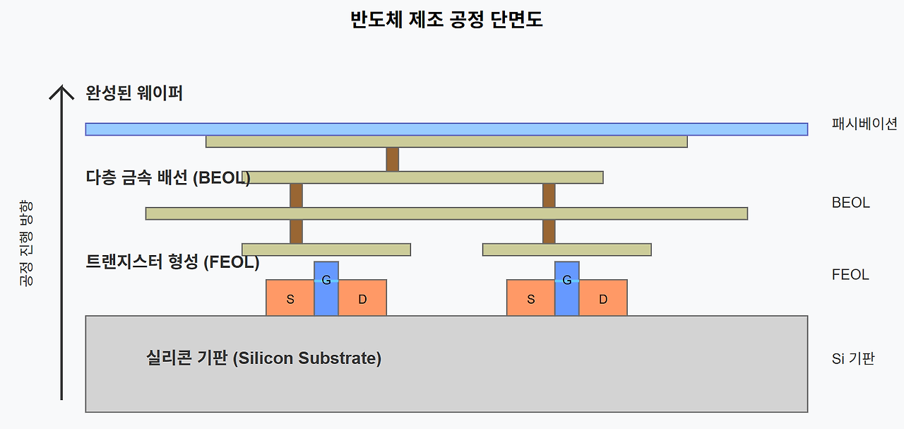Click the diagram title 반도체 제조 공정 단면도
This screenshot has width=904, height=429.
click(446, 20)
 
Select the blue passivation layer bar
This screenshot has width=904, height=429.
click(446, 129)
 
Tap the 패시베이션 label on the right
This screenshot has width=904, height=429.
click(864, 124)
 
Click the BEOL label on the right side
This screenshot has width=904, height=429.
click(850, 203)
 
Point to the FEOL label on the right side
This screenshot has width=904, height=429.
click(850, 275)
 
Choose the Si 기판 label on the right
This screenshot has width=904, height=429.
click(853, 358)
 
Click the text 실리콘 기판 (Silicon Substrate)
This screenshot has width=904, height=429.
click(263, 358)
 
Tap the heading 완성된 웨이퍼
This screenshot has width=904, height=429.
click(134, 93)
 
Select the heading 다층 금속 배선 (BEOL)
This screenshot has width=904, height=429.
click(167, 178)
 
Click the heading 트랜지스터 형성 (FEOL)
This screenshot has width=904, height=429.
click(172, 263)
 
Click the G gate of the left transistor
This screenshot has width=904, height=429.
click(326, 288)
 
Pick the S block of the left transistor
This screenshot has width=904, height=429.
click(290, 298)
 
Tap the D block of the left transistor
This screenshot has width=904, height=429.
click(362, 298)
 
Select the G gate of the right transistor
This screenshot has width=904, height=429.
click(567, 288)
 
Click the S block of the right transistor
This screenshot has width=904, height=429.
click(531, 298)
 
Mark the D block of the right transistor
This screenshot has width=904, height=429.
click(603, 298)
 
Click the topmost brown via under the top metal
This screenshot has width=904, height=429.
click(393, 159)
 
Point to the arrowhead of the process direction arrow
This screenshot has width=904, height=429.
click(62, 91)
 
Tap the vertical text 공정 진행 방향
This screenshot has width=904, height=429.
click(26, 243)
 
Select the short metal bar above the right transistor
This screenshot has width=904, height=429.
click(566, 249)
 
